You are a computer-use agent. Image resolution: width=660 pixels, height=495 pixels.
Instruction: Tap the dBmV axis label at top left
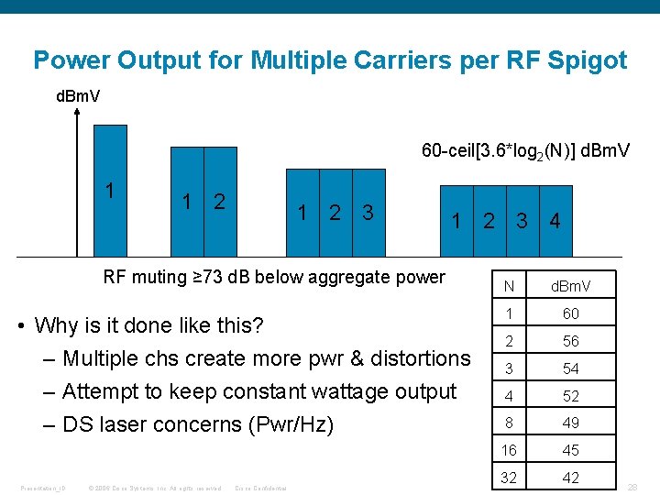pos(79,96)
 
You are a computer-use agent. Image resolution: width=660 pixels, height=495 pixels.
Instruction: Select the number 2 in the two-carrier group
pos(219,202)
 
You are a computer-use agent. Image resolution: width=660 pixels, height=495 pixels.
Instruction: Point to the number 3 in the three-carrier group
pos(368,213)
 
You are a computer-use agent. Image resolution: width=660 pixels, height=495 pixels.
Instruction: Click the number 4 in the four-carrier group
pos(554,221)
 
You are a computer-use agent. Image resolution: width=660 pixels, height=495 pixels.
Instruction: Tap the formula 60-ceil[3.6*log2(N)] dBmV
pos(525,149)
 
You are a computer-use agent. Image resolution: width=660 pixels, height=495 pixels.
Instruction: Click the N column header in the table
pos(509,287)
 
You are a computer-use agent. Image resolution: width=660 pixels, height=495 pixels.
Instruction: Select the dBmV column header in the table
pos(570,287)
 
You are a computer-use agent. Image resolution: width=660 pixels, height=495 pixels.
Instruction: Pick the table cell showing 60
pos(570,313)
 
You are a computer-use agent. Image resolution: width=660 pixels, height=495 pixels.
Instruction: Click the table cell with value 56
pos(570,341)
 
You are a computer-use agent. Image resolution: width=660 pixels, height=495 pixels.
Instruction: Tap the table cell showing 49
pos(570,423)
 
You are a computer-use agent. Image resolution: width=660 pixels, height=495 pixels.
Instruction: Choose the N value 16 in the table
pos(509,450)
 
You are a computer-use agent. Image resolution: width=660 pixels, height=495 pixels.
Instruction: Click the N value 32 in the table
pos(509,478)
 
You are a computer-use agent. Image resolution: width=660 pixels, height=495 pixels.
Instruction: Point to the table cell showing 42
pos(570,478)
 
